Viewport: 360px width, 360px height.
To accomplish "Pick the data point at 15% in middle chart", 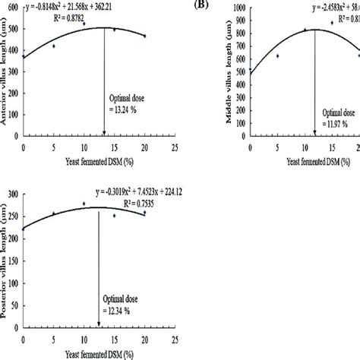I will tap(332, 23).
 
